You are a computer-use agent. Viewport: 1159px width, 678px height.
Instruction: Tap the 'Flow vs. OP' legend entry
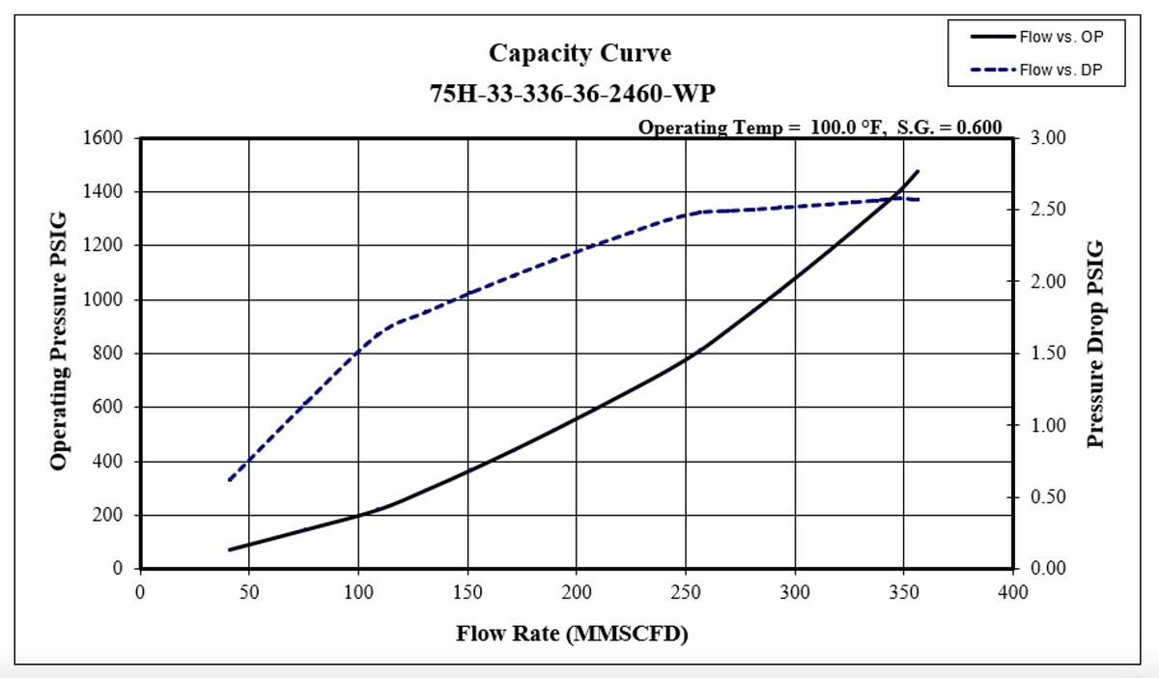click(x=1060, y=38)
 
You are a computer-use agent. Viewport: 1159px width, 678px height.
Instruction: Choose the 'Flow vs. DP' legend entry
click(x=1060, y=69)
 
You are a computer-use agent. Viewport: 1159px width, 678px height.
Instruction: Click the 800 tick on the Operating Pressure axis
click(x=109, y=353)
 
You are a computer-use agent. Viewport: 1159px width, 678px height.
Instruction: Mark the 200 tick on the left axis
click(x=109, y=516)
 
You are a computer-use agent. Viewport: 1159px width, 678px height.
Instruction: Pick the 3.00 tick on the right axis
click(x=1048, y=138)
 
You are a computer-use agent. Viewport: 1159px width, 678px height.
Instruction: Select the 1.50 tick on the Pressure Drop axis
click(x=1048, y=353)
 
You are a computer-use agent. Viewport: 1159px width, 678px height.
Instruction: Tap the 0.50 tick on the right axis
click(x=1048, y=497)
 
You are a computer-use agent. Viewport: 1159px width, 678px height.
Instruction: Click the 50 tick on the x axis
click(x=249, y=591)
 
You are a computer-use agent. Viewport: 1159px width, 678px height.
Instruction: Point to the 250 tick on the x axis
click(x=686, y=591)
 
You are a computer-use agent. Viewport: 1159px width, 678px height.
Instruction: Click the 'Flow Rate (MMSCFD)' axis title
click(x=572, y=635)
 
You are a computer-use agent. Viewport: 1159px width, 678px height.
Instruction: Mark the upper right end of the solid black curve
click(x=918, y=171)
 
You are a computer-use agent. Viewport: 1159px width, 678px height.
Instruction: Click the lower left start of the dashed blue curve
click(x=229, y=480)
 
